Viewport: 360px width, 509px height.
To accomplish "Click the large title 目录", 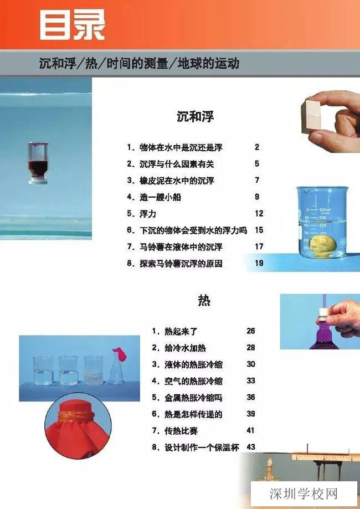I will click(x=71, y=25).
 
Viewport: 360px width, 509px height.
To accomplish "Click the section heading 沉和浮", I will click(x=195, y=117).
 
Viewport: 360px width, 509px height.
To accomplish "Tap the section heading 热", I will click(x=204, y=301).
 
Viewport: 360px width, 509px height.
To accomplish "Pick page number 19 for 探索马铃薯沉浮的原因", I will click(x=259, y=264).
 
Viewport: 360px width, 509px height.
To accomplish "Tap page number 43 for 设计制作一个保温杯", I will click(x=251, y=447).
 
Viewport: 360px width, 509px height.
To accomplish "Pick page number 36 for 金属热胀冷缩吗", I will click(x=251, y=397).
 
